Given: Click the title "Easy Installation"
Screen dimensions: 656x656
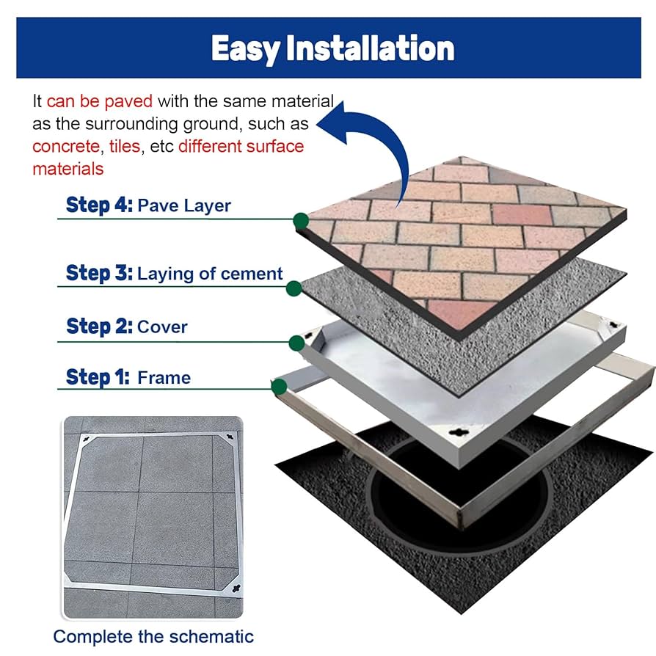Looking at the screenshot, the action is (x=332, y=48).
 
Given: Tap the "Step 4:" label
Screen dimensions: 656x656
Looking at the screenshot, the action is (x=99, y=205).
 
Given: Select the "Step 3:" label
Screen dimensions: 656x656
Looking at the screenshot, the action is (x=98, y=274).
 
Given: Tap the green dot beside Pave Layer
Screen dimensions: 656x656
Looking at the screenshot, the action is (x=300, y=219).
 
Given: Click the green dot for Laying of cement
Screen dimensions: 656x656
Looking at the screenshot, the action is (x=293, y=288).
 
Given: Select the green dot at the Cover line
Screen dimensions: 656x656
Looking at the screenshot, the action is (x=296, y=342).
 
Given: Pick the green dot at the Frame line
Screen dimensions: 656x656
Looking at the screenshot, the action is (x=280, y=387).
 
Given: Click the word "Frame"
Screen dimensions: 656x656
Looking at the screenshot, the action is (x=164, y=379).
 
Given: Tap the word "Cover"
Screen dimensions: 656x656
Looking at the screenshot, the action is (x=162, y=327).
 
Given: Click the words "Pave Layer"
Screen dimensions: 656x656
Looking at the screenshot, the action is (x=183, y=205).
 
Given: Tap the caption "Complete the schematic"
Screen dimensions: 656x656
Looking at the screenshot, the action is (x=153, y=636).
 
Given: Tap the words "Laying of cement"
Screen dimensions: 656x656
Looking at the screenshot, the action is (x=210, y=274).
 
